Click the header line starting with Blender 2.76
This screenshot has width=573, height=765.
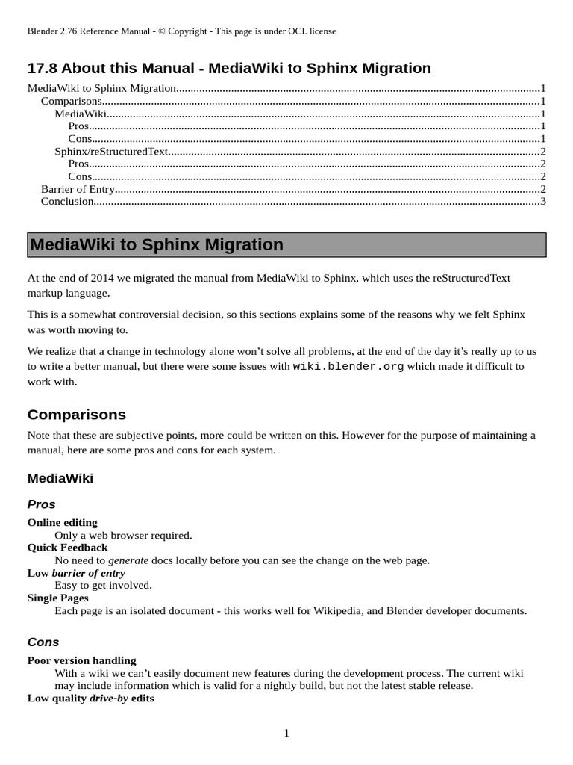(x=181, y=31)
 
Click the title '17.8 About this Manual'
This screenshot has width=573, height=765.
(x=229, y=68)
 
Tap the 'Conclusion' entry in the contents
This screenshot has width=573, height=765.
(x=67, y=201)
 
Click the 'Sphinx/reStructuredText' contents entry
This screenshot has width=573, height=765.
(x=111, y=151)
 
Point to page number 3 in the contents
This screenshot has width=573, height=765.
(x=543, y=201)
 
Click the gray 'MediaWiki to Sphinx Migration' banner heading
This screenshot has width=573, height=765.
(x=286, y=245)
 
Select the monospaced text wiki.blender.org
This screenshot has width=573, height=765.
(x=348, y=366)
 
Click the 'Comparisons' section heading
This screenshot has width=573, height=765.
(x=77, y=415)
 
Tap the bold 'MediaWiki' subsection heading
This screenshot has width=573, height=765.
(x=60, y=478)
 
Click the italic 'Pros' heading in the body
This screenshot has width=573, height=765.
(x=42, y=504)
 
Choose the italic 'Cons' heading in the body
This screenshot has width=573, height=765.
(x=43, y=642)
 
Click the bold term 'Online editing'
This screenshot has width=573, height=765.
(x=63, y=522)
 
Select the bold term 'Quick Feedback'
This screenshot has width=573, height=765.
(x=68, y=548)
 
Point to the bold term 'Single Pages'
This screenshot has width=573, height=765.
(x=58, y=598)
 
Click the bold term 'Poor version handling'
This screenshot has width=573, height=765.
(x=82, y=660)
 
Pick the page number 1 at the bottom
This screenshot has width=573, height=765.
(x=286, y=733)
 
